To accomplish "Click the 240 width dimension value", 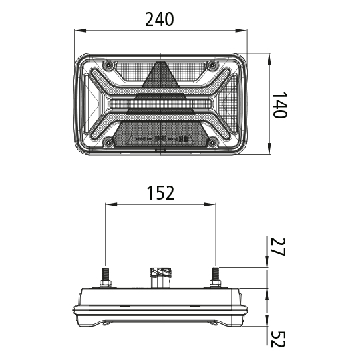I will pos(160,19).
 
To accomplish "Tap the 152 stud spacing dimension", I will pos(160,193).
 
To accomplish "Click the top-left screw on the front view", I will pos(106,65).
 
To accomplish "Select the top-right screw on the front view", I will pos(212,65).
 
